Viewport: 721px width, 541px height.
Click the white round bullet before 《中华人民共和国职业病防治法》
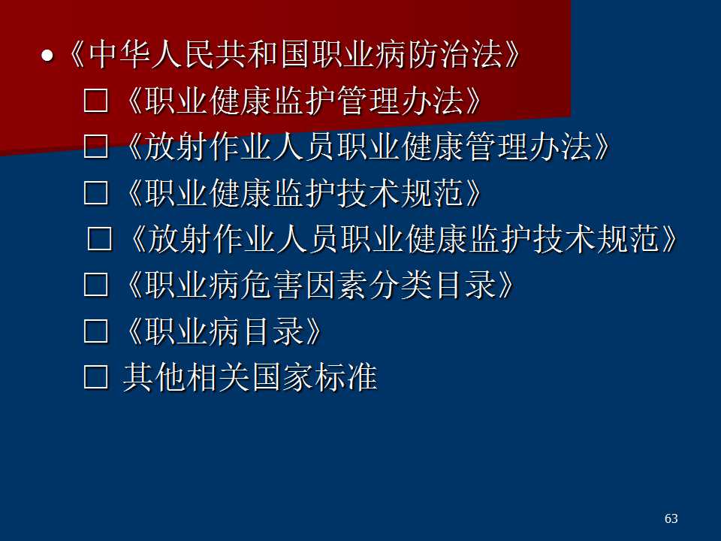(x=47, y=56)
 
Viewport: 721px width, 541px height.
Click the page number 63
(x=671, y=518)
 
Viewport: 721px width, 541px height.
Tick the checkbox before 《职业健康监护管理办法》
(x=96, y=100)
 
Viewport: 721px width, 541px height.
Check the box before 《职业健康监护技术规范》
(x=96, y=192)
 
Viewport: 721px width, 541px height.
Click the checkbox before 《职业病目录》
(x=96, y=331)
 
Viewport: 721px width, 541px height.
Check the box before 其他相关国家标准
(x=96, y=377)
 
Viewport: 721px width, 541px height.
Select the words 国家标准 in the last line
(x=315, y=377)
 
